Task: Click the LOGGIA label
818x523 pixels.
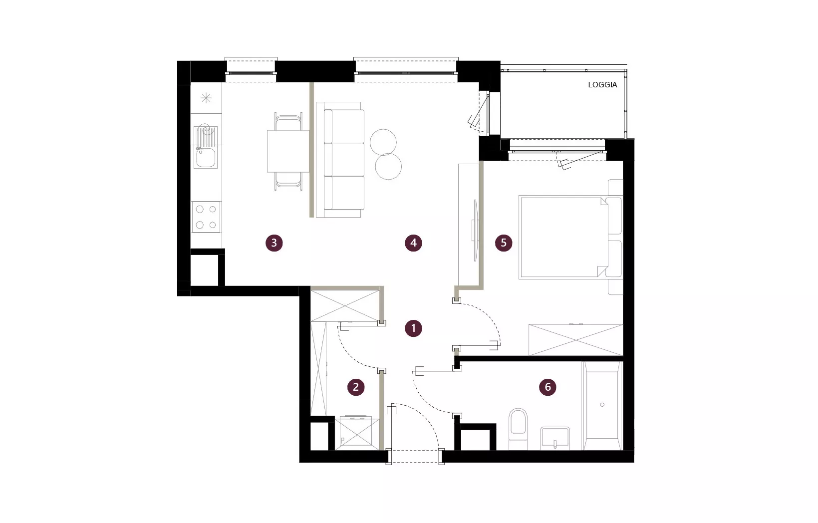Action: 602,85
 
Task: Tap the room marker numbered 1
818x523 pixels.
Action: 413,328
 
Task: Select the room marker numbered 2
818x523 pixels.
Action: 356,387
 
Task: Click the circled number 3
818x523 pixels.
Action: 274,243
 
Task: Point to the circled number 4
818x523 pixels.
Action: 413,243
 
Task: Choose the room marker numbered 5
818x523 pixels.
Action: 504,243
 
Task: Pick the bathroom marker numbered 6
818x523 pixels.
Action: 547,387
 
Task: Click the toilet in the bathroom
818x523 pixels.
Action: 518,429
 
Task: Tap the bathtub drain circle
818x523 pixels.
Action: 602,405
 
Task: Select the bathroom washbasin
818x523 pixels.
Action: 555,438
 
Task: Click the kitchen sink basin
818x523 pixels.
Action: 205,158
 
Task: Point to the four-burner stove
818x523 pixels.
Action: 206,217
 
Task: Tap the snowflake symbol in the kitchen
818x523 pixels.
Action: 206,98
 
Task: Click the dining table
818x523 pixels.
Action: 288,151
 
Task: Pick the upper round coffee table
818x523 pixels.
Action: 383,142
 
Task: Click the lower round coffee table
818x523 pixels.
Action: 388,167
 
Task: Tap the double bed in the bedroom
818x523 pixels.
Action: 570,238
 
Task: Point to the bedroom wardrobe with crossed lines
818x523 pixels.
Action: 575,340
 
